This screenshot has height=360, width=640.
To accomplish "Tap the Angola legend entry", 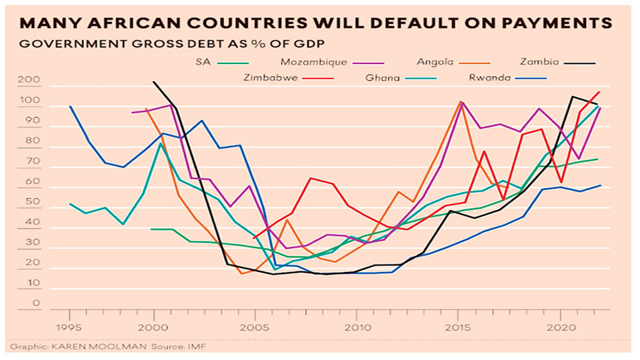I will [x=435, y=62].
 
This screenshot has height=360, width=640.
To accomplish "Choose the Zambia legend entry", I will [x=539, y=62].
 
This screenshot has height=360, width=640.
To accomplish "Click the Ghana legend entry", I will [x=382, y=77].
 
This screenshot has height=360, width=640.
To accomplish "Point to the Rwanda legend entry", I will [x=492, y=77].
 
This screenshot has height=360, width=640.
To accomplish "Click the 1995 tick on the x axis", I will [x=71, y=327].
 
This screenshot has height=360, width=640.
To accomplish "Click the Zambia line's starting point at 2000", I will [x=154, y=82].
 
